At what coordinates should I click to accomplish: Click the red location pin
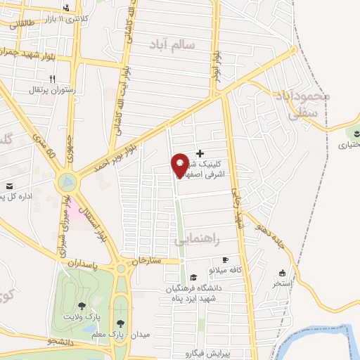180,165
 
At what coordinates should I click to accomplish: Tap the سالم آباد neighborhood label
181,45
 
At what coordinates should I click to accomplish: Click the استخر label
283,284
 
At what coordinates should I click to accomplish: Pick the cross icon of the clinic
200,153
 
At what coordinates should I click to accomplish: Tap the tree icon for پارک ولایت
82,306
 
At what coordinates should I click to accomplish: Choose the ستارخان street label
146,261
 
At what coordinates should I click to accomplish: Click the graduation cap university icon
184,278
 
